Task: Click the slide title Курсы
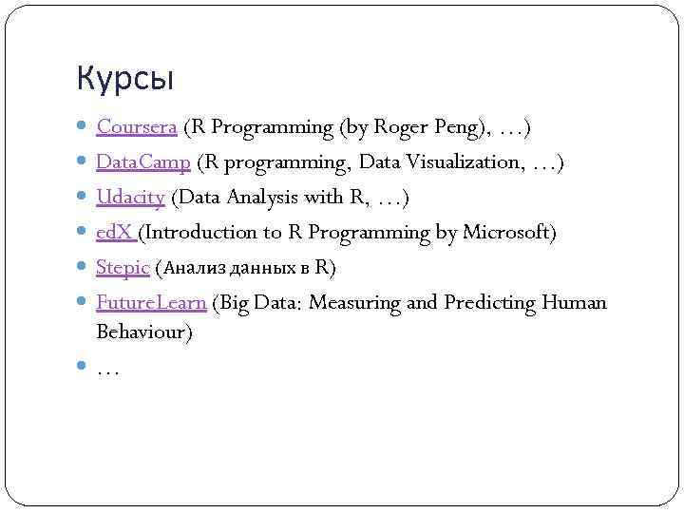tap(125, 79)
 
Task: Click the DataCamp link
tap(143, 162)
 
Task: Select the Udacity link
tap(130, 198)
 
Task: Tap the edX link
tap(115, 233)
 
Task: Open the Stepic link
tap(123, 268)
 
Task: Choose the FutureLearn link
tap(151, 303)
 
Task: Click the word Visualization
tap(465, 162)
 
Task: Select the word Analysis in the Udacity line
tap(261, 198)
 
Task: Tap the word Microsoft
tap(508, 233)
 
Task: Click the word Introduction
tap(201, 233)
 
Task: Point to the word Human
tap(573, 303)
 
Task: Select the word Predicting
tap(489, 303)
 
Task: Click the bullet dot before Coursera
tap(85, 126)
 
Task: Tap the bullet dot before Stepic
tap(85, 268)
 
